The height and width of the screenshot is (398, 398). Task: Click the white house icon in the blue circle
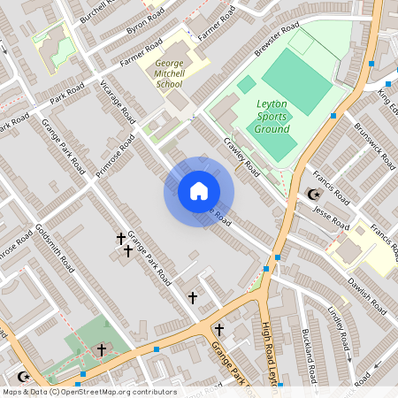coord(198,191)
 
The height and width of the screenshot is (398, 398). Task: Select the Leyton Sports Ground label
coord(272,117)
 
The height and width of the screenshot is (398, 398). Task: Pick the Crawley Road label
coord(241,156)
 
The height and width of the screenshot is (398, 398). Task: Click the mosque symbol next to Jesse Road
coord(311,194)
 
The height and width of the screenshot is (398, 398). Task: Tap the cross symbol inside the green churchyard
coord(101,350)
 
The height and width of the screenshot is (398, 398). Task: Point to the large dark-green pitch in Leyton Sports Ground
coord(297,81)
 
